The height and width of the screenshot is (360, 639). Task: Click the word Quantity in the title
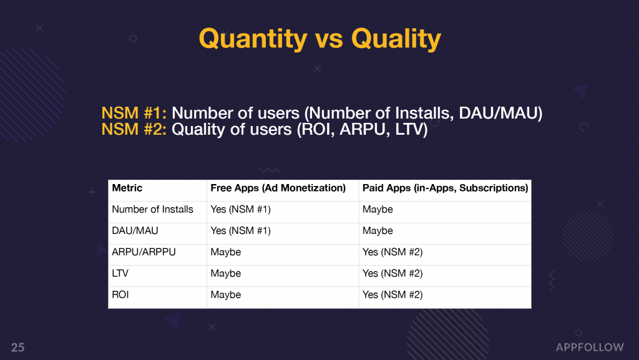(x=253, y=39)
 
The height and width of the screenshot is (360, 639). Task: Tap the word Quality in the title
(x=396, y=39)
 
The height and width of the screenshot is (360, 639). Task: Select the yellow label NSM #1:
(x=134, y=113)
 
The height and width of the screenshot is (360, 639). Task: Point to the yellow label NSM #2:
(x=134, y=129)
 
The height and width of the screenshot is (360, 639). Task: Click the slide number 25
(x=18, y=348)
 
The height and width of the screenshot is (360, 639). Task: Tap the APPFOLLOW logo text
(x=590, y=348)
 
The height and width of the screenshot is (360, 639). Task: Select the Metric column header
(x=127, y=188)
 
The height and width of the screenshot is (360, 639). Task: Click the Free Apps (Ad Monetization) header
(x=278, y=188)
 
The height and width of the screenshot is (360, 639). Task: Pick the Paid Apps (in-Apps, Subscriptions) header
(x=445, y=188)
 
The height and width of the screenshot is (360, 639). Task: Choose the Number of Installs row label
(x=152, y=209)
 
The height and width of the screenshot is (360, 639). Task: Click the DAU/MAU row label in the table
(x=135, y=230)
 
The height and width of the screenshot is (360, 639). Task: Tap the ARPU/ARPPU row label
(x=144, y=251)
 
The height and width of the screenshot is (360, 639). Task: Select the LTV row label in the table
(x=120, y=273)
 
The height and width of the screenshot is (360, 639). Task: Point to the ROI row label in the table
(x=120, y=294)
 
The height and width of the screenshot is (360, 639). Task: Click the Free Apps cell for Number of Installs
(x=240, y=209)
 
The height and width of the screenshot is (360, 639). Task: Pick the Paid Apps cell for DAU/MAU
(x=378, y=230)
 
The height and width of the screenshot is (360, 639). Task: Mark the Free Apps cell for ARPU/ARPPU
(x=226, y=252)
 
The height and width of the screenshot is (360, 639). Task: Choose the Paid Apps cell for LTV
(x=393, y=273)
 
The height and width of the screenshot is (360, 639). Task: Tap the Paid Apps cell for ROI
(x=393, y=294)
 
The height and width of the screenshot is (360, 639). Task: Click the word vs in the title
(x=329, y=41)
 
